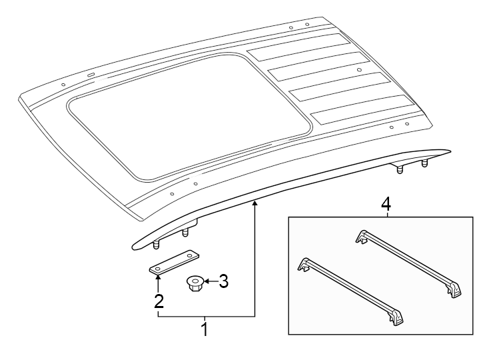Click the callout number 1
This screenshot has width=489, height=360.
click(205, 329)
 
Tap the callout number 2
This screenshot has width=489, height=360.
click(159, 301)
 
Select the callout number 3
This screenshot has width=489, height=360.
click(223, 282)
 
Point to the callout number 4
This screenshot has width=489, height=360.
click(385, 203)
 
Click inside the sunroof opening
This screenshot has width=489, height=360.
click(187, 113)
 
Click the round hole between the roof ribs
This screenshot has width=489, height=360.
click(359, 69)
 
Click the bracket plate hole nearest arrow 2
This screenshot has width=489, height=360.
click(158, 268)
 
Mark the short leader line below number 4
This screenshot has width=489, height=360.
click(385, 213)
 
